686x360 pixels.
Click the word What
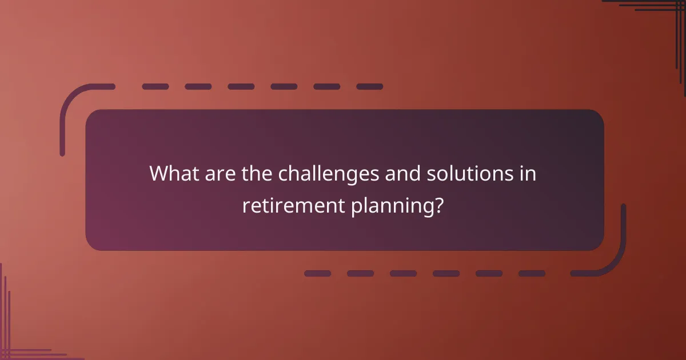172,174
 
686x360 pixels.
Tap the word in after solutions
529,174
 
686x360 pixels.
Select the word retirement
292,205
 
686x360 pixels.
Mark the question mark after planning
438,205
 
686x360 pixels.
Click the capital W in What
158,174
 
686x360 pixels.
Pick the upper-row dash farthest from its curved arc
369,87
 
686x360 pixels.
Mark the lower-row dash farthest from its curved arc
317,274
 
